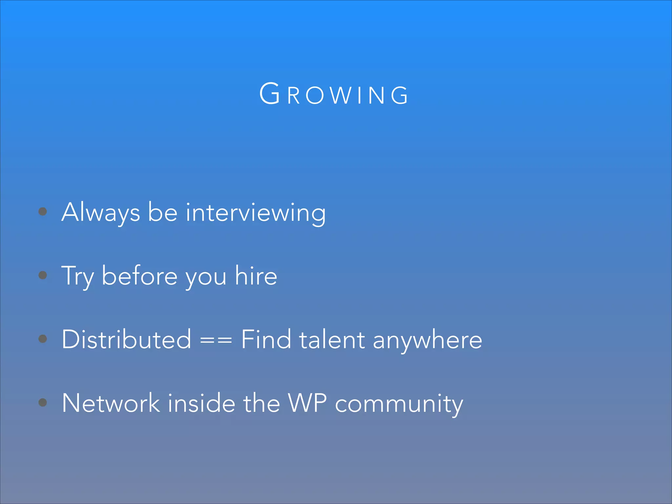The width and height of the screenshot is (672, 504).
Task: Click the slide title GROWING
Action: point(334,94)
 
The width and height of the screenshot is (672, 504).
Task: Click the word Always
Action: point(101,212)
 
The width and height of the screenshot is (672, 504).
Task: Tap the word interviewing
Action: point(256,212)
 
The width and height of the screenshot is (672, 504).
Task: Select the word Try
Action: point(77,276)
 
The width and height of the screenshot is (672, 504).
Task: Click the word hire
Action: point(256,276)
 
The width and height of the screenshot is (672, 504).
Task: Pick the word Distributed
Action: point(126,339)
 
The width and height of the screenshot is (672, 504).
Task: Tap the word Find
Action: point(266,339)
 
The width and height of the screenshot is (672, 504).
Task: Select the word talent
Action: point(332,339)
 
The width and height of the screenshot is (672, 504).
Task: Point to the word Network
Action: point(111,403)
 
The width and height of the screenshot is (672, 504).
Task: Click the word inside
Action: point(201,403)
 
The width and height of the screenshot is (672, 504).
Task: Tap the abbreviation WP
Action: point(307,403)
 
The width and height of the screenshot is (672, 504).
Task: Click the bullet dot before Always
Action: point(43,211)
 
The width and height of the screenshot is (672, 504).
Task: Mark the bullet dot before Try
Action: point(43,275)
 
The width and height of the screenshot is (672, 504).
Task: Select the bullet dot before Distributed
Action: point(43,339)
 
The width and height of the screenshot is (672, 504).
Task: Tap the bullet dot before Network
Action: point(43,402)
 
